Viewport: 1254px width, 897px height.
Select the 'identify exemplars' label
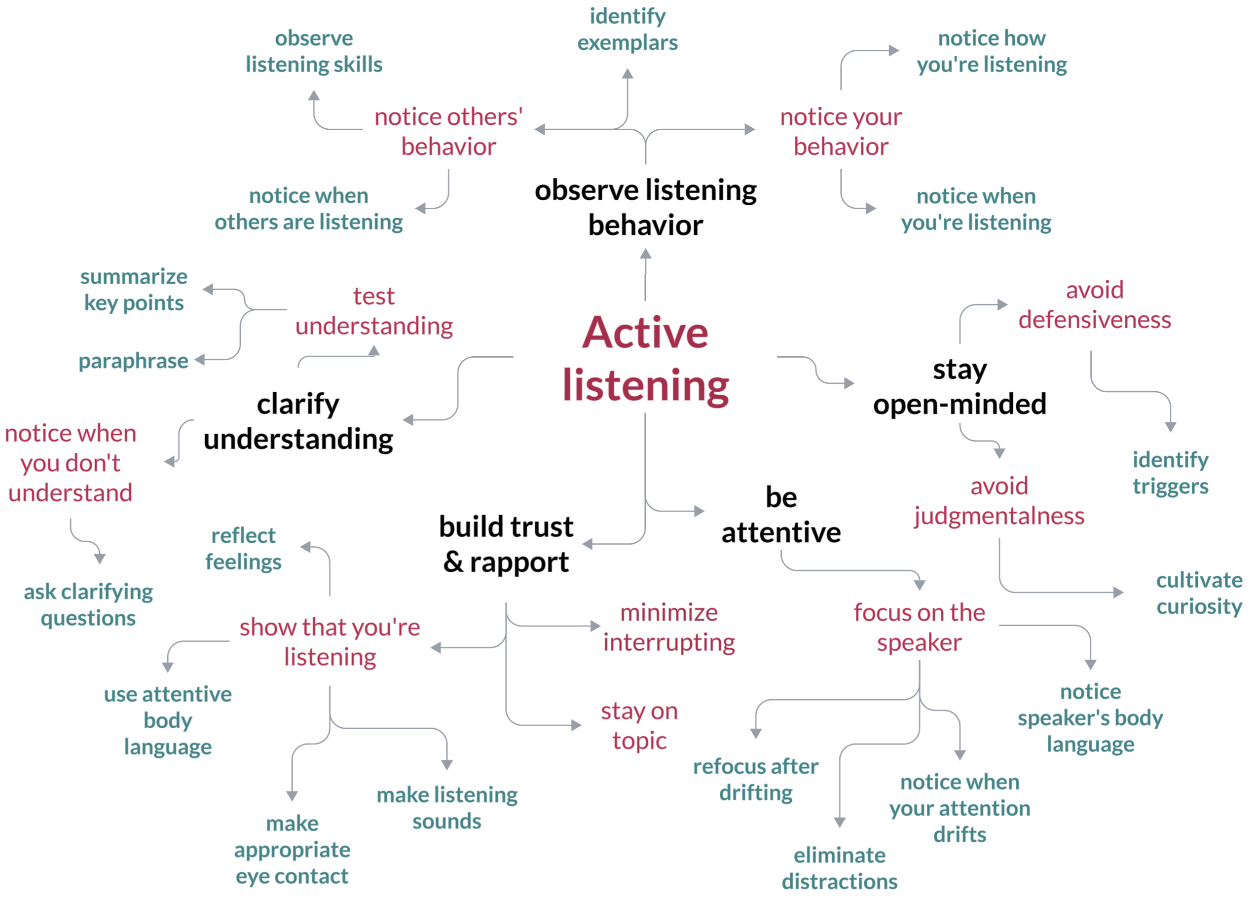627,29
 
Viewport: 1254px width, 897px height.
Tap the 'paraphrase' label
133,361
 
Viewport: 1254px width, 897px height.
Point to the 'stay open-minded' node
959,387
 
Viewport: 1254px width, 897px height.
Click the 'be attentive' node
781,515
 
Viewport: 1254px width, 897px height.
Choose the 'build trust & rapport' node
506,544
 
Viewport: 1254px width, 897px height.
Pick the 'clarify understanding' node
298,421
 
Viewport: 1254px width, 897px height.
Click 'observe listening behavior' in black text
645,207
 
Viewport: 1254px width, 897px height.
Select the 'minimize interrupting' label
669,628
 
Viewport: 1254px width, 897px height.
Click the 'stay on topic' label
639,726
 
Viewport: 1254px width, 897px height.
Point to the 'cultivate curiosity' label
1199,593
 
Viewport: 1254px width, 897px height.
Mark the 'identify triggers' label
1170,473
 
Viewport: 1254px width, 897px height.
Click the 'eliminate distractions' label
839,868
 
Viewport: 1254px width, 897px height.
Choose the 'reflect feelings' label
243,549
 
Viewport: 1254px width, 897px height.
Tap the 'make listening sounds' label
447,808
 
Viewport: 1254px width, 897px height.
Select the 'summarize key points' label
134,290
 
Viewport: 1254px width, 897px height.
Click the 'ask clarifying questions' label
88,605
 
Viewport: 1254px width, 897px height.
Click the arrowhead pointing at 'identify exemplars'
627,74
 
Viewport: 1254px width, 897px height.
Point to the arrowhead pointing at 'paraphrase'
200,360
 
